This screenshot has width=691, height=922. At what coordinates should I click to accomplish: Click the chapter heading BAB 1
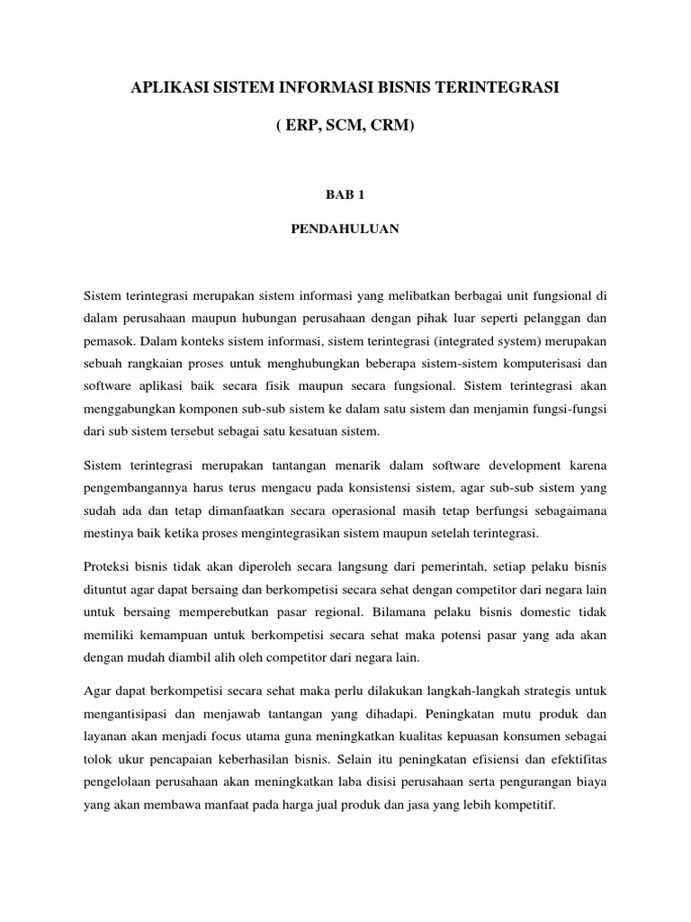tap(345, 194)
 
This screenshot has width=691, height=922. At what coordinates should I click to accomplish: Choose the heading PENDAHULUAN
tap(345, 229)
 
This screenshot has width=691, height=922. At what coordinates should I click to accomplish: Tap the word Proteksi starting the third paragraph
tap(108, 565)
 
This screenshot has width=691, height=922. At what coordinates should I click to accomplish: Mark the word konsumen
tap(534, 735)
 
